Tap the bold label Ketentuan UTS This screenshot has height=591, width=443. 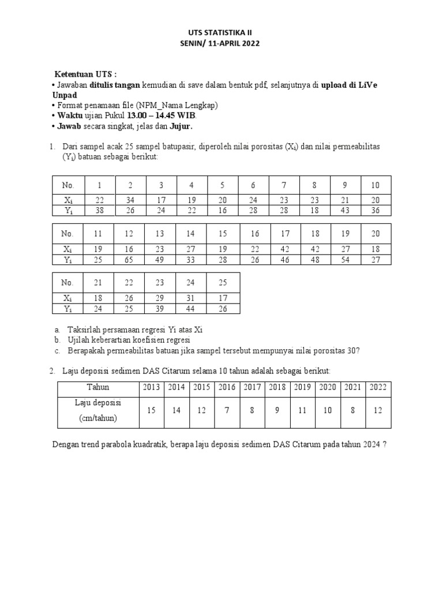click(x=85, y=75)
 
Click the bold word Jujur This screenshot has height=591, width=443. click(x=181, y=126)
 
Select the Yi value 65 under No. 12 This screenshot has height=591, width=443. click(x=130, y=259)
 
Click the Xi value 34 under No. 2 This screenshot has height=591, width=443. click(x=130, y=200)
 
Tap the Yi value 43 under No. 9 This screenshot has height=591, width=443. click(x=344, y=211)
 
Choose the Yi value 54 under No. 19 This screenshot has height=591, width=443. click(x=344, y=259)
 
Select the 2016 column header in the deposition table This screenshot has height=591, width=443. click(x=226, y=387)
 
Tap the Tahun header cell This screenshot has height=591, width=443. click(x=98, y=387)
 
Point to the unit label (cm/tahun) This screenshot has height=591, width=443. click(x=98, y=418)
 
